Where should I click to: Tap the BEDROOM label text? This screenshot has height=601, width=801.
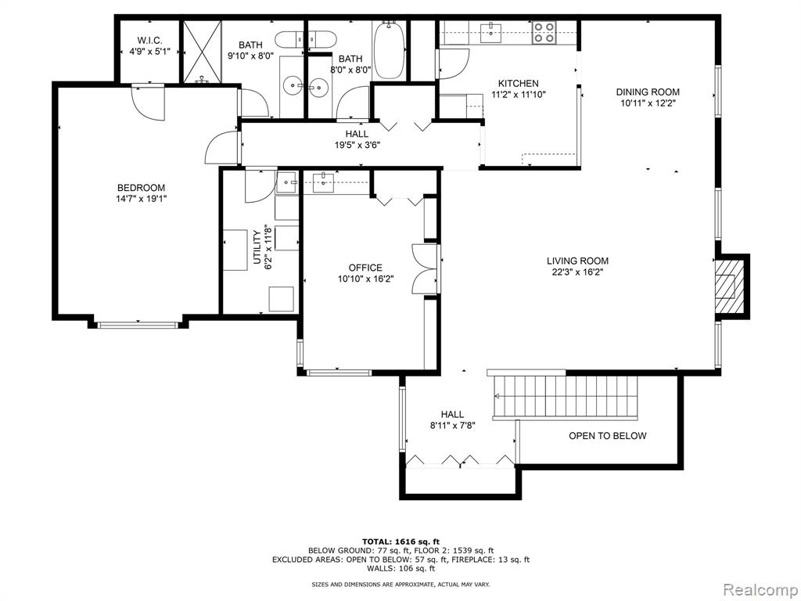tap(141, 188)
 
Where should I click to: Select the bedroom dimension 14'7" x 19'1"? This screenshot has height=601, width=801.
tap(141, 199)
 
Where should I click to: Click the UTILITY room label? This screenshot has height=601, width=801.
tap(257, 249)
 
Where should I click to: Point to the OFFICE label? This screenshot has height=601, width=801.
tap(365, 268)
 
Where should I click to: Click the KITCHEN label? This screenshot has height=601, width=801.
tap(518, 84)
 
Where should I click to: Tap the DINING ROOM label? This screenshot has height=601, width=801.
tap(648, 92)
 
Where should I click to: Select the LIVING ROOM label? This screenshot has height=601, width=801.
tap(577, 261)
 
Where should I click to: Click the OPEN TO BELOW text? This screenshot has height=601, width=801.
tap(607, 436)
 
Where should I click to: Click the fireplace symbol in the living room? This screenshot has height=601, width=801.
tap(728, 287)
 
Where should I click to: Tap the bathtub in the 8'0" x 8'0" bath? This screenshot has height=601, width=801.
tap(388, 50)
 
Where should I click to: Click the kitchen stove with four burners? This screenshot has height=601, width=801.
tap(544, 32)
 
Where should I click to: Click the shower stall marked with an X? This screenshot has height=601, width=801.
tap(203, 51)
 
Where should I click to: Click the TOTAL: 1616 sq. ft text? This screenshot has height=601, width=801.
tap(400, 542)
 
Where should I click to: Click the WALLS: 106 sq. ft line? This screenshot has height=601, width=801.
tap(400, 569)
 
